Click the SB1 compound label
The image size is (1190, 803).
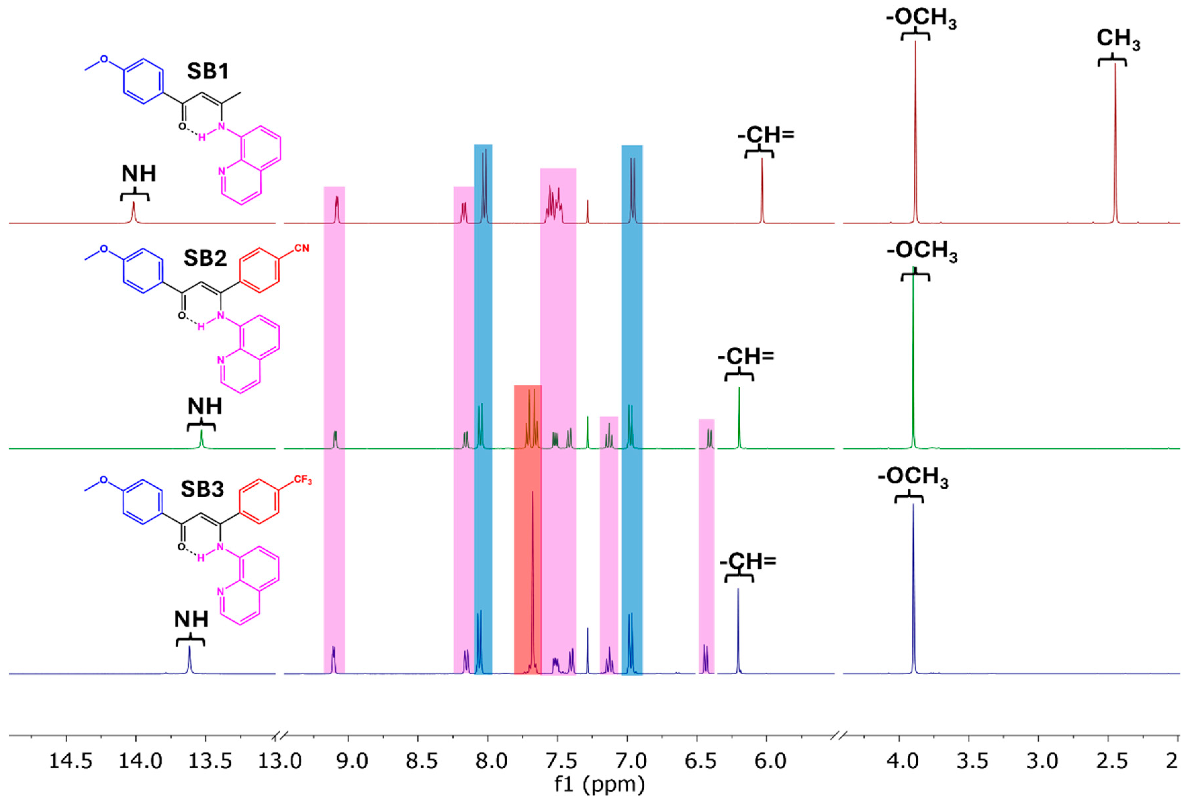pyautogui.click(x=207, y=71)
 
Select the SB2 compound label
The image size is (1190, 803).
pyautogui.click(x=205, y=258)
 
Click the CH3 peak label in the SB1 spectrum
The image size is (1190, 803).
pyautogui.click(x=1118, y=39)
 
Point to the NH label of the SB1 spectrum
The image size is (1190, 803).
pyautogui.click(x=139, y=174)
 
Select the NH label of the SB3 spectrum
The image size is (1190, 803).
pyautogui.click(x=191, y=620)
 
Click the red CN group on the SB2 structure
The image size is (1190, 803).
pyautogui.click(x=301, y=248)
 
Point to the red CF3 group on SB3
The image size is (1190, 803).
pyautogui.click(x=302, y=480)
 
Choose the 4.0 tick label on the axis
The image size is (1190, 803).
pyautogui.click(x=903, y=762)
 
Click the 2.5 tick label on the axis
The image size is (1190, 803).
pyautogui.click(x=1112, y=762)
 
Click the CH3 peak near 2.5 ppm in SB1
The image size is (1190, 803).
pyautogui.click(x=1115, y=143)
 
